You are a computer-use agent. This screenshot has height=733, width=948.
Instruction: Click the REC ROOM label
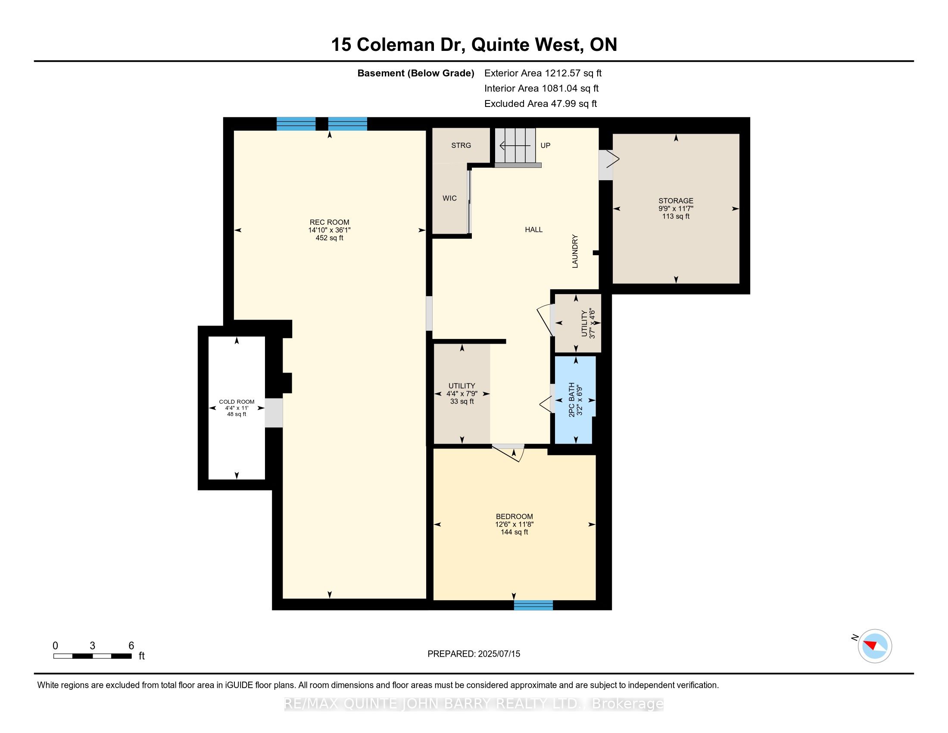330,222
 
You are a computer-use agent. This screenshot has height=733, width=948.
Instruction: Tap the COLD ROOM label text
237,402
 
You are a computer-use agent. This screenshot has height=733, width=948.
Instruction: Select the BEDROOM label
515,516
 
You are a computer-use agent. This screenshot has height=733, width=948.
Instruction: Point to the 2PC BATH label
572,400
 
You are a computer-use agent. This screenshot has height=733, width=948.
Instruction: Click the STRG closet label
461,145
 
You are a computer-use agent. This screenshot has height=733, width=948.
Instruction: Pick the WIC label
450,198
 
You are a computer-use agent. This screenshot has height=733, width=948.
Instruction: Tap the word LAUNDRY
575,251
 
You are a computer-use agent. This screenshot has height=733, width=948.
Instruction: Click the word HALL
534,230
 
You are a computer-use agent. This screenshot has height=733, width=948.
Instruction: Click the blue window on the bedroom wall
533,605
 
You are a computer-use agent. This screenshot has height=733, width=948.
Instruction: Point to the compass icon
875,646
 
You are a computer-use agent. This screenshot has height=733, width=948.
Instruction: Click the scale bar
93,656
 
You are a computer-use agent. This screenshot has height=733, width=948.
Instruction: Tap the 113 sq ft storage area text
676,216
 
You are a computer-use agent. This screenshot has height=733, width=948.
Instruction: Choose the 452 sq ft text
330,238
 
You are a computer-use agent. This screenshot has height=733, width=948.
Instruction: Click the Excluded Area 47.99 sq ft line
540,104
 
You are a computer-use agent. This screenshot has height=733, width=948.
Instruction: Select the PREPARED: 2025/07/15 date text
474,654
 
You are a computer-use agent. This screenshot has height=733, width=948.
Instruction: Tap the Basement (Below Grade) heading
415,73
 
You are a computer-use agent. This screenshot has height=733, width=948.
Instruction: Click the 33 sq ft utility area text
462,401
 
